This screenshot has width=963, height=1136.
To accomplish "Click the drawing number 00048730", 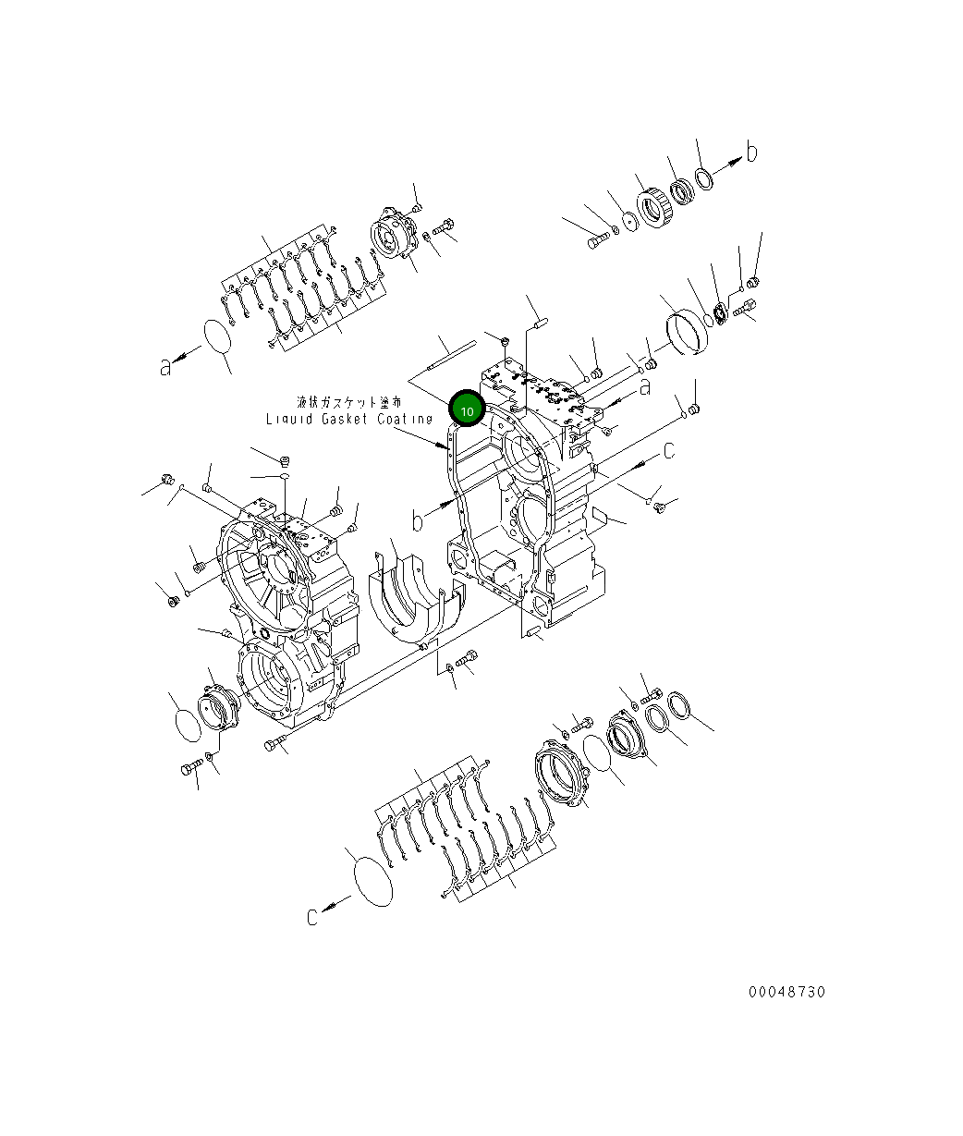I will click(786, 992).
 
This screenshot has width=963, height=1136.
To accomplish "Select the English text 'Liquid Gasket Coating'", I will click(348, 419).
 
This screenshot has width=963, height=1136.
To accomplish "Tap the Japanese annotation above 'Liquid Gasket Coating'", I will click(348, 402).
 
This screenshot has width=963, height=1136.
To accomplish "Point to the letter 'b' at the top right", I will click(752, 153).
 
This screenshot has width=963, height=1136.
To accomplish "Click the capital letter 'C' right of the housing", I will click(668, 451).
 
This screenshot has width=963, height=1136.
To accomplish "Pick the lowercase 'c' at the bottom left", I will click(314, 916).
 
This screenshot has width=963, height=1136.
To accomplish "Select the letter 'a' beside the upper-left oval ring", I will click(165, 367).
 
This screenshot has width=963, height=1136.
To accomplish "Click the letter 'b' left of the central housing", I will click(418, 521).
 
